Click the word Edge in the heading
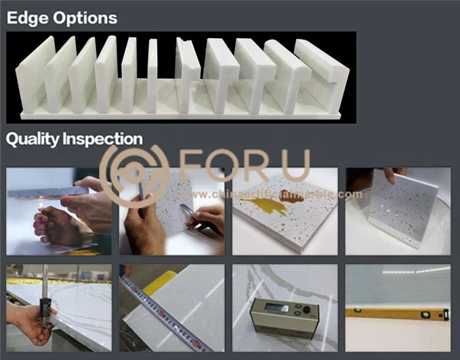click(27, 18)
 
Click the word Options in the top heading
click(83, 18)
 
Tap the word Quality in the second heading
click(32, 139)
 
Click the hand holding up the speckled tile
click(392, 174)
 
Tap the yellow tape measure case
click(160, 281)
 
